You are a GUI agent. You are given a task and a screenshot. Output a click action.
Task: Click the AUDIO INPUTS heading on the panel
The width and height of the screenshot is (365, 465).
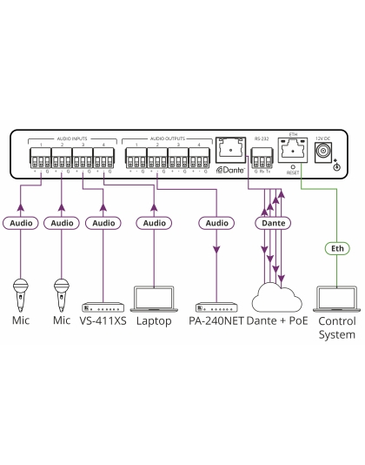tap(71, 138)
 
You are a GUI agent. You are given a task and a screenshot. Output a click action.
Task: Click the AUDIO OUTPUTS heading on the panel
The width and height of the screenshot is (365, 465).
tap(167, 138)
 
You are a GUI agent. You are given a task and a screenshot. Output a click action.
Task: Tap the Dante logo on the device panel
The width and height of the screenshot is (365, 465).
tap(229, 171)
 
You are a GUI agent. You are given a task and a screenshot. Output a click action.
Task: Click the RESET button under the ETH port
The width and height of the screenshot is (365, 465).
tap(292, 169)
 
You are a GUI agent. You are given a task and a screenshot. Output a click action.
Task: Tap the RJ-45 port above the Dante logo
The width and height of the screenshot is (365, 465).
tap(229, 151)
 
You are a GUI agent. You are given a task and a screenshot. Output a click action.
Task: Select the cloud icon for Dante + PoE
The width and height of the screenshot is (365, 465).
tap(277, 299)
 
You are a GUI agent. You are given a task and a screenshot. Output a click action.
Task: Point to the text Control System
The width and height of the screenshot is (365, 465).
tap(336, 327)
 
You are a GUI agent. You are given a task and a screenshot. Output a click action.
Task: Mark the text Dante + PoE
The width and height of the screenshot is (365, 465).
tap(276, 321)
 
